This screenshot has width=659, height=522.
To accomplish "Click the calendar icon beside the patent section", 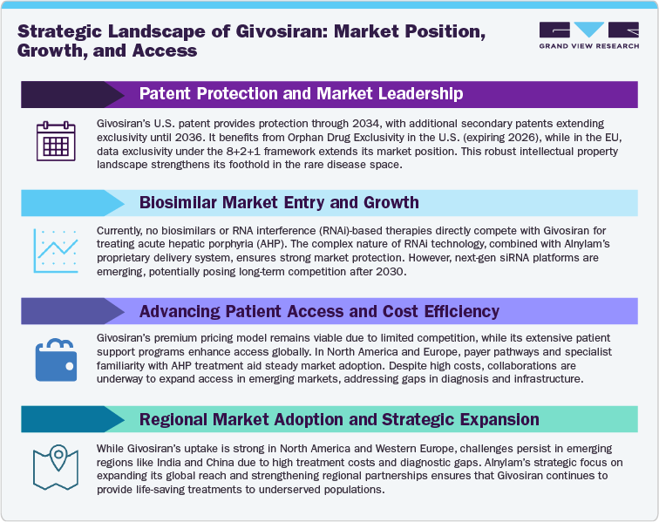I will [x=57, y=139].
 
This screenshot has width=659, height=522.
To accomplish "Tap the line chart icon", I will [x=57, y=247].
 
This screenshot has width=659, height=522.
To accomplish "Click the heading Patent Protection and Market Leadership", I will [x=301, y=93].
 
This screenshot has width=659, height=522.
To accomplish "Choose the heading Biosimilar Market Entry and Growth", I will [x=279, y=202].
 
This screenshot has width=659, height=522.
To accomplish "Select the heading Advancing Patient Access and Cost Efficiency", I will [x=319, y=311].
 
